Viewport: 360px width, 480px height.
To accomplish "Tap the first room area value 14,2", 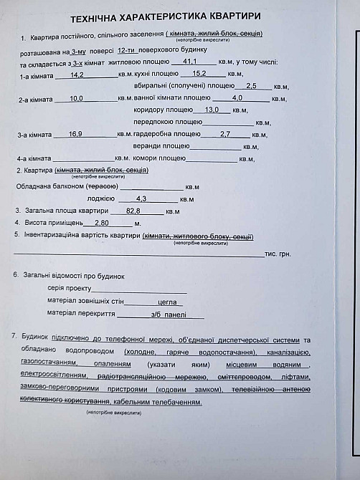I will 77,75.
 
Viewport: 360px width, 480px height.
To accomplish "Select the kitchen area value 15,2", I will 199,74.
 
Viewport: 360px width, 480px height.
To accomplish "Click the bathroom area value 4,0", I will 237,98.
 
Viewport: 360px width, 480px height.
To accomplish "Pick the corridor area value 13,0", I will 212,110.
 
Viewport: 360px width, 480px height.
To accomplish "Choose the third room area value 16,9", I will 75,134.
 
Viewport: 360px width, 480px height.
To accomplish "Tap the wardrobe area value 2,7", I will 224,134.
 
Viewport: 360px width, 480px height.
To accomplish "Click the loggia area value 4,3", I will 141,198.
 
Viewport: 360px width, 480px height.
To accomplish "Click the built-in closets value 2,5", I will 251,86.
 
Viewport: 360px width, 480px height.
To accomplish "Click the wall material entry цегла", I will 166,302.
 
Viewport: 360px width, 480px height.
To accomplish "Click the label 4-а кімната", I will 34,158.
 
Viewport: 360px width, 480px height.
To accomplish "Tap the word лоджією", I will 100,198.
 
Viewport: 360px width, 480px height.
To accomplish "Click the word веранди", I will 148,146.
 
